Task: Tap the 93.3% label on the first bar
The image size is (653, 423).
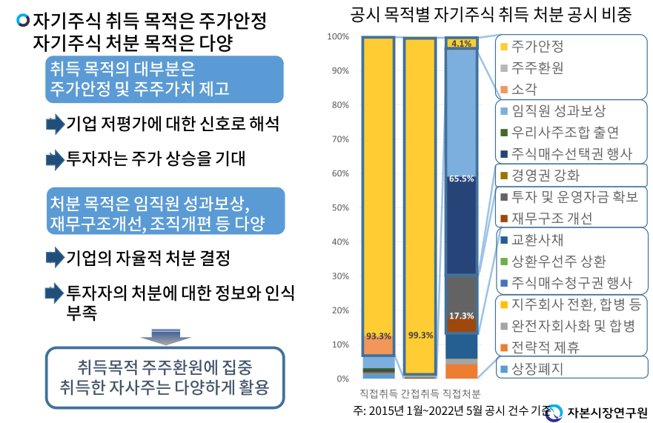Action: click(x=377, y=336)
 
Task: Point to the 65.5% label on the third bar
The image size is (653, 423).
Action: click(x=461, y=179)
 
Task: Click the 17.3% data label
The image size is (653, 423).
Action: click(x=461, y=316)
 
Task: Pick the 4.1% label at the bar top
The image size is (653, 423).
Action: click(x=461, y=44)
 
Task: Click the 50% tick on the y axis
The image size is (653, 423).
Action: click(x=339, y=207)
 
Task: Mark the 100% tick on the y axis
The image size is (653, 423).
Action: click(x=338, y=36)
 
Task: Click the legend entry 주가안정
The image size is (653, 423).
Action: click(x=537, y=46)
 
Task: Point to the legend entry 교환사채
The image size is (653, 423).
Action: click(x=537, y=240)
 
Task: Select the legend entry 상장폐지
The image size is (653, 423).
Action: click(x=537, y=368)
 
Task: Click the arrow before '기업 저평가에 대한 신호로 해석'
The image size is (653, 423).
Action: click(x=55, y=124)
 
